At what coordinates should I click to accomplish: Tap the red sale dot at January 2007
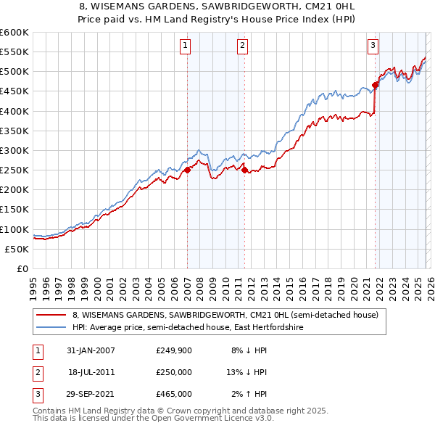point(187,170)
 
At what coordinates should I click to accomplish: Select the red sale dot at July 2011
point(244,170)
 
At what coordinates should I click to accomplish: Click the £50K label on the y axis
point(17,249)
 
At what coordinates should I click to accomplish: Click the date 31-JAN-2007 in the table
point(90,350)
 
